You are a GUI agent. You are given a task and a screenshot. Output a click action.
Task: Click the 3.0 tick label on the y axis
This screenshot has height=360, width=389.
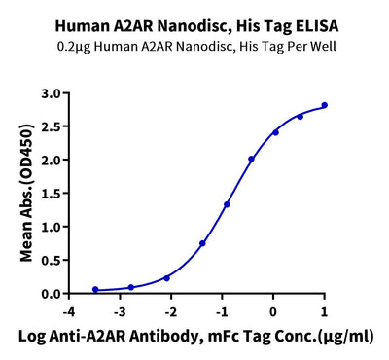(50, 93)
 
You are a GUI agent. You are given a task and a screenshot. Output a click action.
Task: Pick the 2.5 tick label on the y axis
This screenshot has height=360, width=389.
(50, 126)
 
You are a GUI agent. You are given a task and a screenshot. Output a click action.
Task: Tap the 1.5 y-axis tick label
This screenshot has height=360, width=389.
(50, 194)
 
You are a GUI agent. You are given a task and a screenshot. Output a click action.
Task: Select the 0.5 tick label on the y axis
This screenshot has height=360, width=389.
(50, 260)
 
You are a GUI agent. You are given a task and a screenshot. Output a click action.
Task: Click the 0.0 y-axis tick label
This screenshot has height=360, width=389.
(50, 293)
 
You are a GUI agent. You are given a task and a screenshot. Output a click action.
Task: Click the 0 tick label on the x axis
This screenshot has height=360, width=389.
(273, 311)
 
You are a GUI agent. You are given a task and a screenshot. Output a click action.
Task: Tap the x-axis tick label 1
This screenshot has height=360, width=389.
(324, 311)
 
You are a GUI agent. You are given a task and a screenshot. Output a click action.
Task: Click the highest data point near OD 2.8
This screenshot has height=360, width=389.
(324, 105)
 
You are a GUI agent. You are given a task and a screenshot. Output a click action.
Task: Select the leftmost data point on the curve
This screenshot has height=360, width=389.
(95, 289)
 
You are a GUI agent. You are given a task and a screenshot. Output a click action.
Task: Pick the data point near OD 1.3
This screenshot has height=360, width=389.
(227, 204)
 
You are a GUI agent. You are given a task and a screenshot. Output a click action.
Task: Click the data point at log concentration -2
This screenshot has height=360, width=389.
(166, 277)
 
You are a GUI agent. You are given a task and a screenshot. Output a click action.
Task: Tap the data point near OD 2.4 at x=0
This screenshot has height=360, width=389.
(275, 132)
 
